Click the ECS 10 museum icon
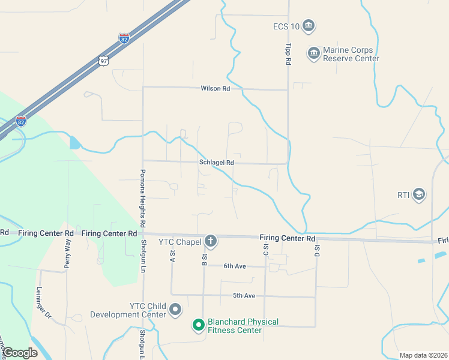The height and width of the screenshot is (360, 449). (309, 26)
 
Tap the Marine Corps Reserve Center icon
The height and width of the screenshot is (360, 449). (313, 54)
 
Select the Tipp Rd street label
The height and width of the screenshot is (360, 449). (288, 54)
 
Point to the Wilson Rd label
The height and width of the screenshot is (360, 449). (215, 89)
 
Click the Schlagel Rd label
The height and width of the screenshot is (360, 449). (217, 163)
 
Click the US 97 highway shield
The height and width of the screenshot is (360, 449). (104, 61)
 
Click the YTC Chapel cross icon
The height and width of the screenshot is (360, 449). (210, 241)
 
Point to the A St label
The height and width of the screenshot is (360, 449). (172, 256)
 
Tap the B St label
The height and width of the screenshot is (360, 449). (204, 260)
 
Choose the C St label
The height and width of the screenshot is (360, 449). (265, 250)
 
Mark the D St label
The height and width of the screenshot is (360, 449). (316, 251)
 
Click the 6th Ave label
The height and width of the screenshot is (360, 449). (235, 266)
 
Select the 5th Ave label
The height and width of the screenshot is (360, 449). (244, 296)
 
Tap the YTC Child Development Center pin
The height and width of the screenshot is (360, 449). (175, 310)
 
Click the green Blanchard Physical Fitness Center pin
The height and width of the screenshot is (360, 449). (198, 326)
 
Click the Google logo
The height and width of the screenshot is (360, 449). (20, 353)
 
